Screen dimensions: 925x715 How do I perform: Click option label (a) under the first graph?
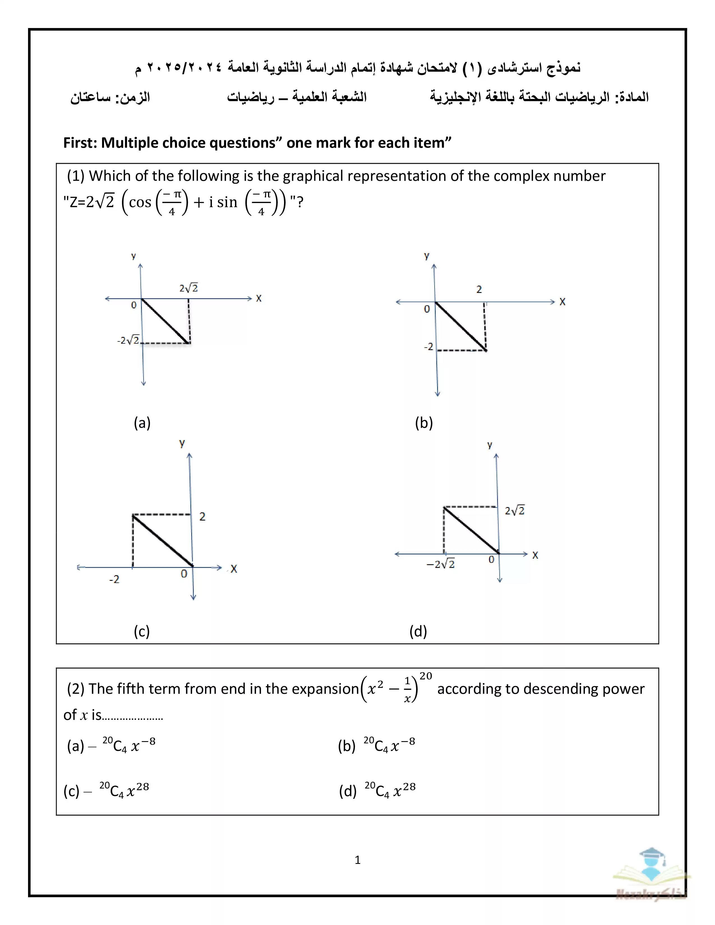(x=142, y=423)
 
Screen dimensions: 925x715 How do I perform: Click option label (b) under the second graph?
(x=424, y=423)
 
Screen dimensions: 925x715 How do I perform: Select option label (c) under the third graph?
(x=142, y=631)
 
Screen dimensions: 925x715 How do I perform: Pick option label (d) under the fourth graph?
(x=418, y=631)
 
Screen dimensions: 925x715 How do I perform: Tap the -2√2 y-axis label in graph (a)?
(x=128, y=340)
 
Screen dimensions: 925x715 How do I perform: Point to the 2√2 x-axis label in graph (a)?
(x=188, y=288)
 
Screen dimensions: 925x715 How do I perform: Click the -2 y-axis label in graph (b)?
(x=429, y=347)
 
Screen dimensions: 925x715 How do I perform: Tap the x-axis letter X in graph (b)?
(x=562, y=302)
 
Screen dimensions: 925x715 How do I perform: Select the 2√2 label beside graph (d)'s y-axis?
(x=515, y=511)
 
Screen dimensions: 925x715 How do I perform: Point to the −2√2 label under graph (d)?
(x=440, y=565)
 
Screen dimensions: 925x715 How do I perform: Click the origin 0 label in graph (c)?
(x=184, y=574)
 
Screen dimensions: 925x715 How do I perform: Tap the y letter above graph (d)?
(x=490, y=445)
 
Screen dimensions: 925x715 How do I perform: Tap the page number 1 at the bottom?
(x=357, y=860)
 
